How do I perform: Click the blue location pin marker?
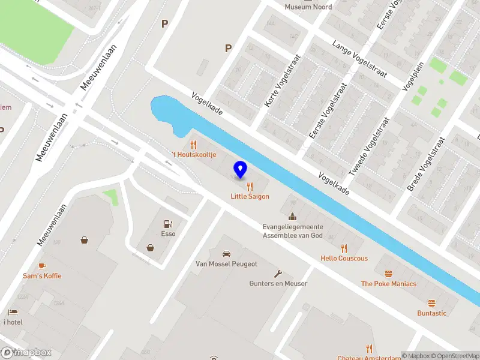(241, 170)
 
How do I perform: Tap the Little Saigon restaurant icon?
(250, 187)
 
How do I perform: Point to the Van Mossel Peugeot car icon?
(226, 254)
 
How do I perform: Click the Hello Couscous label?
(344, 259)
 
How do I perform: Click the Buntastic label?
(432, 313)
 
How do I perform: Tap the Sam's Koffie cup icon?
(42, 265)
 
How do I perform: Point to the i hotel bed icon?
(13, 312)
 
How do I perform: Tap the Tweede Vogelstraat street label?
(370, 145)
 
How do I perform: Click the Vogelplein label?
(413, 76)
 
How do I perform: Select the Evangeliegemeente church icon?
(292, 217)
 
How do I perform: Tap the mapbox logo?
(26, 352)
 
